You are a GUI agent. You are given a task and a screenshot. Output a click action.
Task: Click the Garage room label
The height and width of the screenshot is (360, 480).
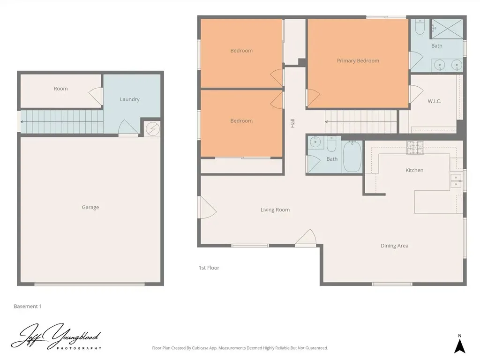point(90,207)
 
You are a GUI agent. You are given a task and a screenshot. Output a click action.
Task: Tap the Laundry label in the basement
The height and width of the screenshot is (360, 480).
point(129,99)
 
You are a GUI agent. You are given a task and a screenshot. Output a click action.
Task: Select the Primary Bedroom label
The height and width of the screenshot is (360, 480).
point(358,60)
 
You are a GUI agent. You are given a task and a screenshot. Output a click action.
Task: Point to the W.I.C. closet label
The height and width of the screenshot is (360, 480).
point(435,101)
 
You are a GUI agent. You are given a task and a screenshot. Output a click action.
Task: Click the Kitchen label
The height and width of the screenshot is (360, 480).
point(414,170)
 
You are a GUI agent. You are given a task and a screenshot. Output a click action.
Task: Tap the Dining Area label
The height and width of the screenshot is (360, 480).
point(394,246)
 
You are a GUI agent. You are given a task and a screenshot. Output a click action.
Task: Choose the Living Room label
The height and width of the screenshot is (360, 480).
point(275,210)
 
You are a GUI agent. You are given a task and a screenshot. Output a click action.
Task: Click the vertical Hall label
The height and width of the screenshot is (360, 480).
point(292,123)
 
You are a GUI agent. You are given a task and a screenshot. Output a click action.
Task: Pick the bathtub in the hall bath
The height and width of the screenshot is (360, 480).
point(352,156)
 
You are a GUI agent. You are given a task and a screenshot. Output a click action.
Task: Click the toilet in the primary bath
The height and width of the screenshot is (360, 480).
point(420,27)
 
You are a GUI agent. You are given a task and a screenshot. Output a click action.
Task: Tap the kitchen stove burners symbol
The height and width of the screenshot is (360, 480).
point(415,148)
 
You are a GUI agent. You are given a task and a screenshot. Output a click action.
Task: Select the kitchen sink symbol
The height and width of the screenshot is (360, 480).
point(456,180)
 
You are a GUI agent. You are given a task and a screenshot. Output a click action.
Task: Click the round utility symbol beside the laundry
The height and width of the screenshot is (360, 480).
point(152,129)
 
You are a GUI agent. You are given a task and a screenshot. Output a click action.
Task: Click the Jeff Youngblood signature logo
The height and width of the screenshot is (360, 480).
point(56,337)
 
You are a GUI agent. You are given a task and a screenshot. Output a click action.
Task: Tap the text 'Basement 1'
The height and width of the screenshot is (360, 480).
point(28,306)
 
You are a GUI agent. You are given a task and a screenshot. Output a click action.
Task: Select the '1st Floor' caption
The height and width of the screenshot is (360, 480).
point(209,268)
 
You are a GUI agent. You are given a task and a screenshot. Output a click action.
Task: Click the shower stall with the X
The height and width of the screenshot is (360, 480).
point(447,29)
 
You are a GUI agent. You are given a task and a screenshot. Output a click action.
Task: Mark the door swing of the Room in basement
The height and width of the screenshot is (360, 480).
point(96,96)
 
